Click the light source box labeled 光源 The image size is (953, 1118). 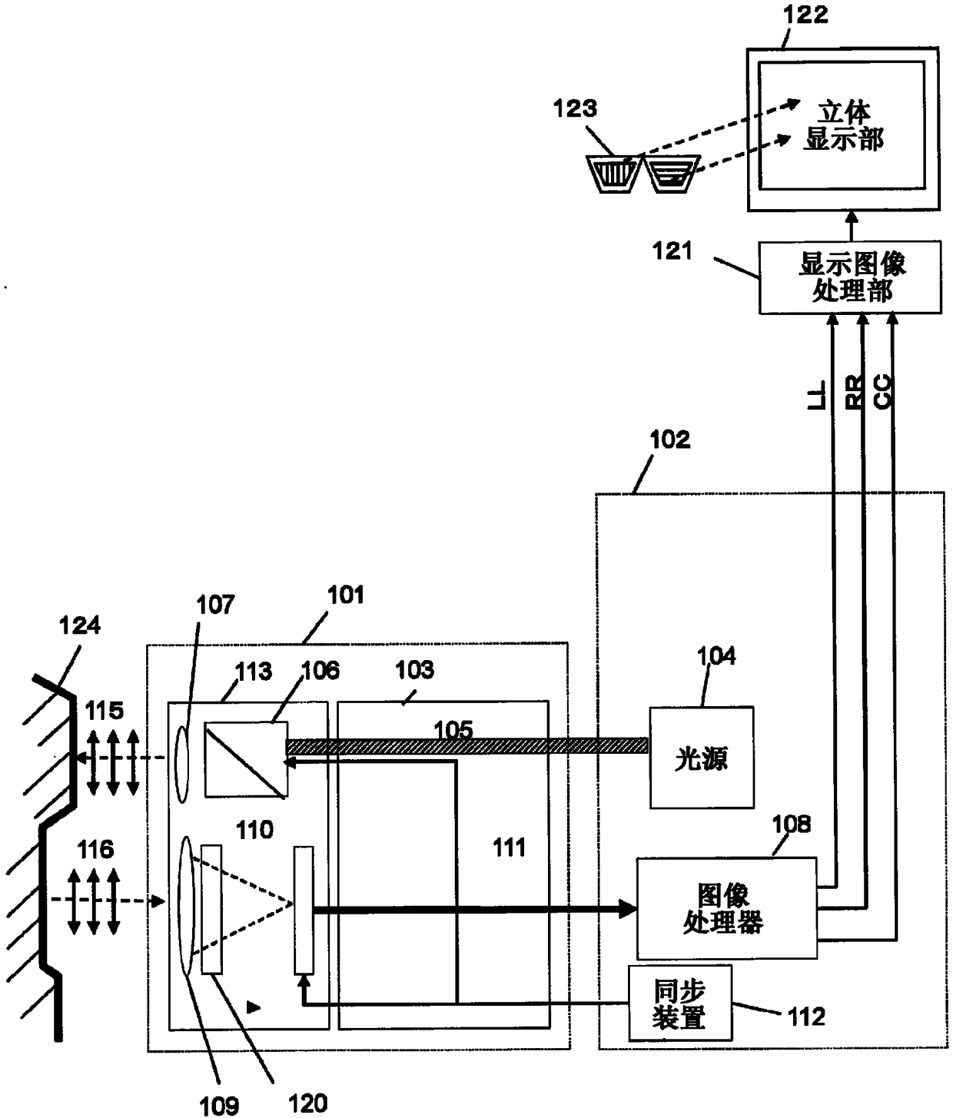coord(702,757)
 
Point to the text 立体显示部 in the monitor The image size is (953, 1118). coord(843,126)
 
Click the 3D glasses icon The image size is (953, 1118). coord(643,174)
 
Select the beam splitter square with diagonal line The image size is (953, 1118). coord(246,759)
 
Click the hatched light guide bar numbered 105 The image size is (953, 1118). coord(467,746)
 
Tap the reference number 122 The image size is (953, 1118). coord(805,15)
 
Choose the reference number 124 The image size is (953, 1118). coord(79,625)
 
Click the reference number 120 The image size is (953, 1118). coord(307,1103)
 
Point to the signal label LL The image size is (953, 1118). coord(817,394)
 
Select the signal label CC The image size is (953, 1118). coord(882,392)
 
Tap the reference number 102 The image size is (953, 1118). coord(670,440)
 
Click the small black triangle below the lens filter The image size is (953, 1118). coord(253,1007)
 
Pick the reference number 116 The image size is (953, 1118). coord(95,850)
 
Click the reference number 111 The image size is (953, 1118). coord(509,848)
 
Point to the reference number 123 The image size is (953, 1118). coord(575,108)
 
